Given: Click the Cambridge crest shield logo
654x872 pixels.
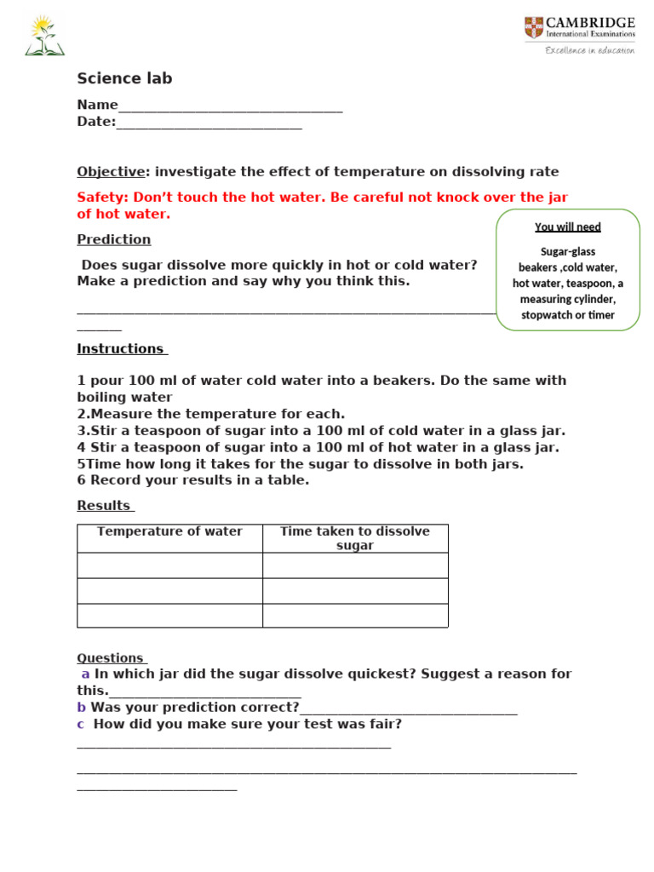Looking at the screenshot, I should point(534,27).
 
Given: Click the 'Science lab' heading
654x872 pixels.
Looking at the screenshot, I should point(124,79).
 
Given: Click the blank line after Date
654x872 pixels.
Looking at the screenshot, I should point(209,124).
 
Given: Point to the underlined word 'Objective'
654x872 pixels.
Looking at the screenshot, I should point(111,171).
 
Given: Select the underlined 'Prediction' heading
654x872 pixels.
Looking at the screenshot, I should point(113,239).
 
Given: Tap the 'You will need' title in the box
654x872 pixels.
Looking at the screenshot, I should point(567,227).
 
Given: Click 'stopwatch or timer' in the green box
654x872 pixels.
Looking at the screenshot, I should point(567,315).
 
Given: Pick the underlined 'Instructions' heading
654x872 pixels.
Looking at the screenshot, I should point(122,348).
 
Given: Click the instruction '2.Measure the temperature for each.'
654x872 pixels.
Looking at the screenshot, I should point(210,414).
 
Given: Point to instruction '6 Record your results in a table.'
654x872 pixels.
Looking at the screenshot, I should point(192,480).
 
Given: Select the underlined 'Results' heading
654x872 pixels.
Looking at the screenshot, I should point(105,506).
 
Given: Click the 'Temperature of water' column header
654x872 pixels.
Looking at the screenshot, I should point(169,531).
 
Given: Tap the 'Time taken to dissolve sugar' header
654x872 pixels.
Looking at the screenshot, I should point(355,538).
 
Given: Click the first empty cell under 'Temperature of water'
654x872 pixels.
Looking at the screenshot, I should point(169,565).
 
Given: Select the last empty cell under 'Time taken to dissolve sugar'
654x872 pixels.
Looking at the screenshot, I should point(355,615).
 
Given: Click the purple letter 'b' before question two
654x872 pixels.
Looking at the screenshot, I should point(82,707).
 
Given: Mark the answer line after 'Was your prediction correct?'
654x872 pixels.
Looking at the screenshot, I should point(409,709).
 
